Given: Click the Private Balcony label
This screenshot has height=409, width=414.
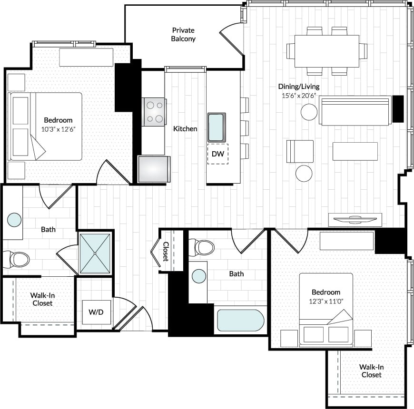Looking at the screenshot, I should [x=183, y=35].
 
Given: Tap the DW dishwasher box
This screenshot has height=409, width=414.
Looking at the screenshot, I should [x=217, y=154].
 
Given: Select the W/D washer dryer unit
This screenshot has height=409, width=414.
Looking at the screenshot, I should [x=96, y=312].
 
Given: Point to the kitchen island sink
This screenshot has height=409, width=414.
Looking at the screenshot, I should [x=217, y=127].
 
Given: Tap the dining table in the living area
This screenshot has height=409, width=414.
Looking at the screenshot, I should [x=326, y=51].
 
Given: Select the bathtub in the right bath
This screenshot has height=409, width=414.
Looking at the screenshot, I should [x=240, y=320].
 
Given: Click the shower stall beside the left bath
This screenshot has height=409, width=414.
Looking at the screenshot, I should [x=95, y=253].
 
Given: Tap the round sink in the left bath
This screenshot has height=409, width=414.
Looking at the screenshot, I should [x=14, y=220].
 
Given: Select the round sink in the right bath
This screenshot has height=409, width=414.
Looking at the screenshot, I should [x=198, y=276].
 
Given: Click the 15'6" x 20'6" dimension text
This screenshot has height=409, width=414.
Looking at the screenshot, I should [x=299, y=95].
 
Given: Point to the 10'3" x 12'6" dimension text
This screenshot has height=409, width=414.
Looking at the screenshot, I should [x=58, y=128].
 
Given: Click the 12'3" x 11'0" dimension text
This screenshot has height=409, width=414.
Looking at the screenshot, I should [x=326, y=300].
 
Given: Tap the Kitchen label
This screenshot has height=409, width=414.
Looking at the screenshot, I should [x=185, y=129].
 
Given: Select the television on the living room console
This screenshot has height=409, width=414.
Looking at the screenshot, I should [x=355, y=219].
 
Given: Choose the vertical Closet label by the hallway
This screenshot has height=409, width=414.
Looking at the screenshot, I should [x=166, y=252].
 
